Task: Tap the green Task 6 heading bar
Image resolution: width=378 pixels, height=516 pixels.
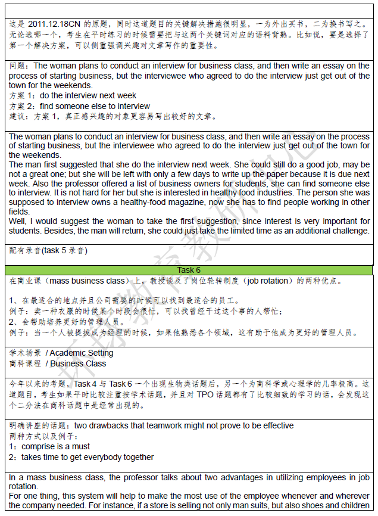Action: (x=189, y=270)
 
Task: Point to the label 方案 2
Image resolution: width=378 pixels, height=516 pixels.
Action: (x=22, y=106)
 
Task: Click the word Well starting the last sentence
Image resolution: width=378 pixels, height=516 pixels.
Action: (x=18, y=222)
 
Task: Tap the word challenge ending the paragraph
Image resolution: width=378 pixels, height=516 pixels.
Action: (x=348, y=231)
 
